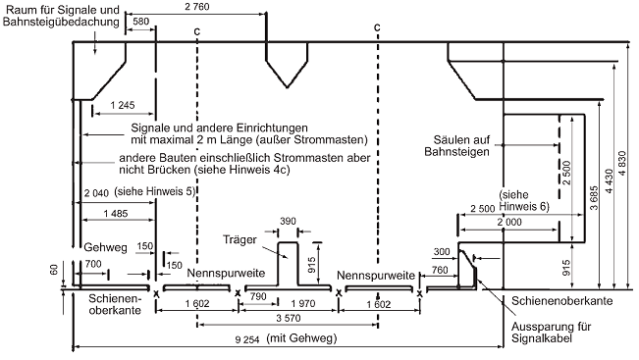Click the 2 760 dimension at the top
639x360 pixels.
tap(197, 7)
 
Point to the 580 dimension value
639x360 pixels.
tap(141, 22)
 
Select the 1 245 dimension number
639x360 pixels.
tap(123, 105)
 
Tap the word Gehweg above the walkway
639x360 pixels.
tap(106, 247)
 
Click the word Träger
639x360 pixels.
tap(240, 240)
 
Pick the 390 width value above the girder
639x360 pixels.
tap(288, 221)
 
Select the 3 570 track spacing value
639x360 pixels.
tap(289, 318)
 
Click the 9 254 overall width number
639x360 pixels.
tap(247, 339)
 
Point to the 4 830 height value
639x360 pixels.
tap(622, 163)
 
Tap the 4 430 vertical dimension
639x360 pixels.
tap(609, 181)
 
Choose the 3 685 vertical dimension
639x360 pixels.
tap(594, 198)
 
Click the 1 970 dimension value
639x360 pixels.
tap(303, 303)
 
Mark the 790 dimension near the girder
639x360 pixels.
tap(258, 296)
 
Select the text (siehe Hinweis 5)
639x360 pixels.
tap(155, 191)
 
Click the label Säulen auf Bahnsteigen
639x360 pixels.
tap(456, 146)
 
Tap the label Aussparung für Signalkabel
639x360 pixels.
tap(551, 333)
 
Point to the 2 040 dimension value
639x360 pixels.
tap(96, 193)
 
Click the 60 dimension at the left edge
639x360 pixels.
tap(54, 269)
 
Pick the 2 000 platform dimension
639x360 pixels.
tap(509, 222)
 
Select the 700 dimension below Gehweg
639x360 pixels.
tap(93, 264)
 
